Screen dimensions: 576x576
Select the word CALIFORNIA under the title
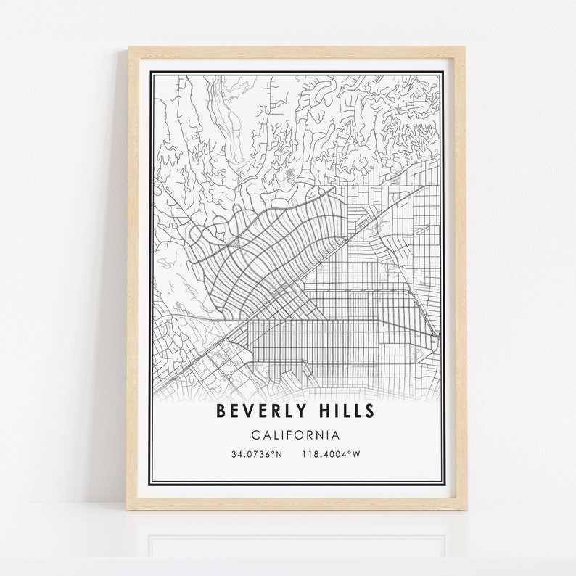(x=295, y=435)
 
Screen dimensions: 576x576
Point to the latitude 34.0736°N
(x=256, y=454)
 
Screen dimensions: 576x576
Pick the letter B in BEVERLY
(x=221, y=412)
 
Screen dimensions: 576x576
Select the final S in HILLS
(x=370, y=412)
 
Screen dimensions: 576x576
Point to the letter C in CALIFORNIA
(x=255, y=435)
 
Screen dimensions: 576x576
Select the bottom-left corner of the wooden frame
(x=130, y=509)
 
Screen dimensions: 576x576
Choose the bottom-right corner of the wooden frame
(x=465, y=509)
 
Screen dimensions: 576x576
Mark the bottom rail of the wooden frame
(x=297, y=504)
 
